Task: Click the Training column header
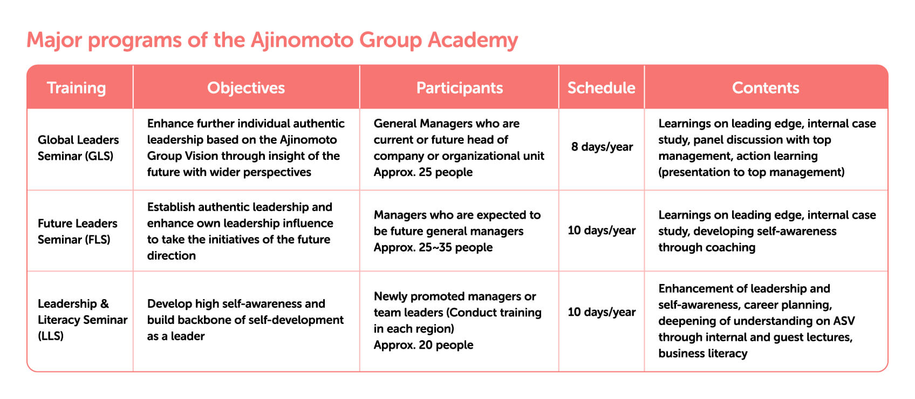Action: pos(77,89)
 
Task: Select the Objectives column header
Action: pos(246,88)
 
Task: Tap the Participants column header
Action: pos(460,88)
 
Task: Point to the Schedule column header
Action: pos(602,88)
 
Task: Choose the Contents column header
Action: pos(766,88)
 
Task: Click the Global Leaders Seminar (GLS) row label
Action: pos(78,148)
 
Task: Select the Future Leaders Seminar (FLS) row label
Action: pos(77,232)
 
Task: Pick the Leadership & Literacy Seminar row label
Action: pos(83,320)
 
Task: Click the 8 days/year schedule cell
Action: pos(602,147)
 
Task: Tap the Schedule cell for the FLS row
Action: pos(602,230)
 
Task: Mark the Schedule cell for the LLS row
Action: pos(602,312)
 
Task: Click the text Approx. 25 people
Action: pos(423,172)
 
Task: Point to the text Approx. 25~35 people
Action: pos(433,247)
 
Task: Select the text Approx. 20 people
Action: pos(423,345)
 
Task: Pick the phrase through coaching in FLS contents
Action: pos(707,247)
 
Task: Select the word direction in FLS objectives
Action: pos(171,255)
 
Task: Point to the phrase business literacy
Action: pos(702,353)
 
